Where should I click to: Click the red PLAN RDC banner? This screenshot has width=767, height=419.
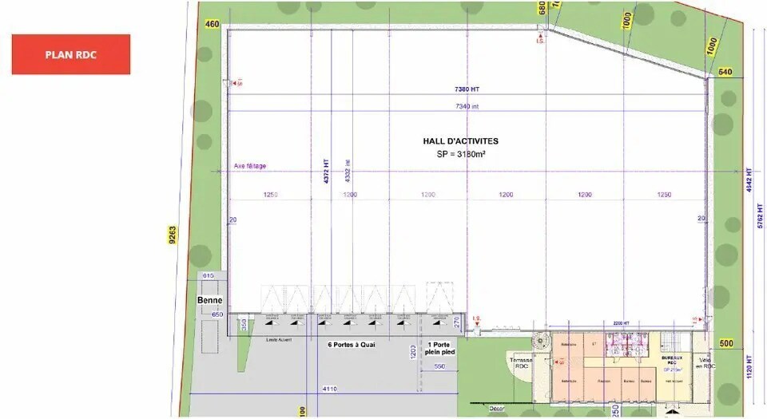70,54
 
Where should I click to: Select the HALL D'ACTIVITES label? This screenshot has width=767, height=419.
460,141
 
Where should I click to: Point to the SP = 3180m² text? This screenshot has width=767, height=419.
460,153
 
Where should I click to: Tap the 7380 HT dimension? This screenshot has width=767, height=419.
467,89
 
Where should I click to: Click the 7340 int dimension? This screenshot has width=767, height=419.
467,106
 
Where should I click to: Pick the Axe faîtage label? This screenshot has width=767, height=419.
250,166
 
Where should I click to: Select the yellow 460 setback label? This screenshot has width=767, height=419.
212,24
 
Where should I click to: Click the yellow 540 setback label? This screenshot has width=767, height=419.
725,73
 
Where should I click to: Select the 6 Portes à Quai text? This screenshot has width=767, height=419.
352,346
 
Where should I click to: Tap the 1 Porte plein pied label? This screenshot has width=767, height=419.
439,350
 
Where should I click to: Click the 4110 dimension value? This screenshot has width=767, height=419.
328,388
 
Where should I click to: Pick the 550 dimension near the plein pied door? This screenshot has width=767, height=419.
439,366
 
